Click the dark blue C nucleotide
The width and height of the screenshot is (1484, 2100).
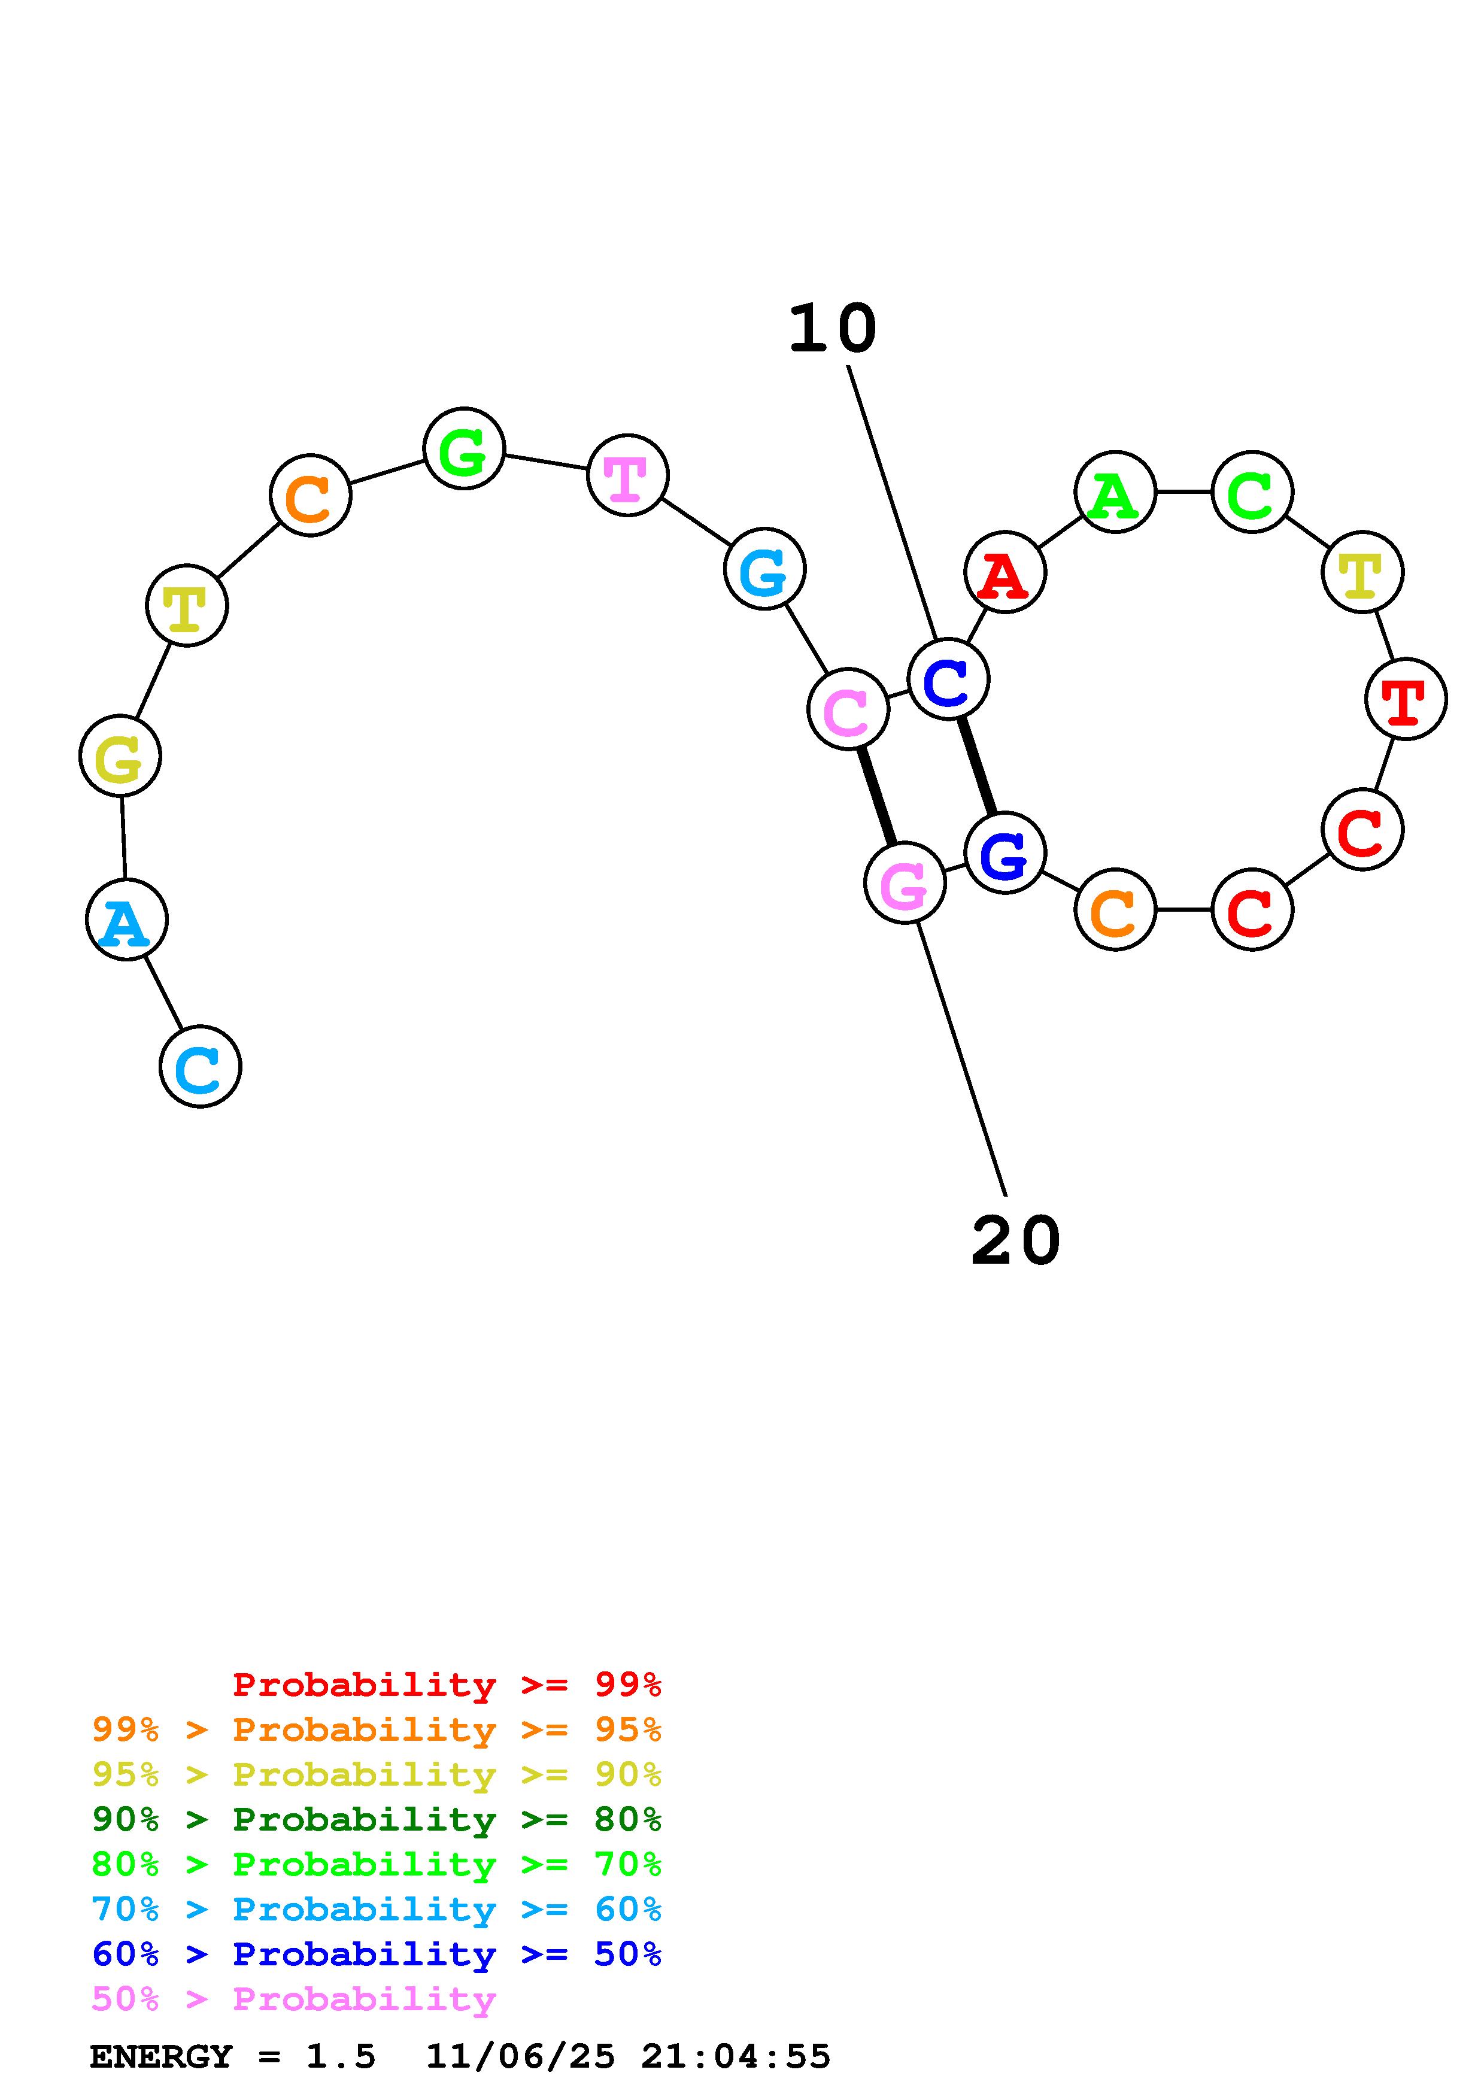(x=948, y=679)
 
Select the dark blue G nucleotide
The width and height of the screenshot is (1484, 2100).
(x=1005, y=852)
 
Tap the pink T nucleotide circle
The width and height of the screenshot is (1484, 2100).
(x=627, y=475)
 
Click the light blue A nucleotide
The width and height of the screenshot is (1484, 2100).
(x=126, y=919)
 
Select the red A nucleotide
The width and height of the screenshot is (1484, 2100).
(x=1005, y=572)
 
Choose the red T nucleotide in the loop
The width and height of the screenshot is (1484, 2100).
(x=1406, y=699)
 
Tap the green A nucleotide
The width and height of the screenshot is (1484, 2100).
(x=1115, y=492)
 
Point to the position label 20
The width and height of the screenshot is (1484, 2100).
(x=1015, y=1242)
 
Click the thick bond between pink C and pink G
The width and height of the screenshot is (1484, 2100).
(x=877, y=796)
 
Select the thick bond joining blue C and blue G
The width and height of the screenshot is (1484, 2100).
(x=976, y=766)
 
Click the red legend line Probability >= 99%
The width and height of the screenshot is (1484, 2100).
(x=446, y=1684)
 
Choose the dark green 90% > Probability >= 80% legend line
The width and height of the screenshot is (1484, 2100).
(x=376, y=1820)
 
